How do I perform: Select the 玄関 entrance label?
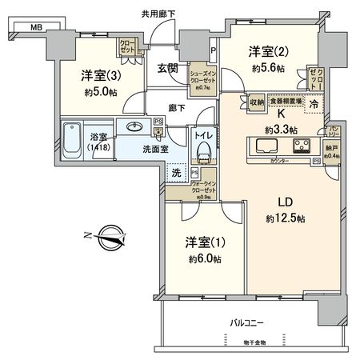[x=167, y=70]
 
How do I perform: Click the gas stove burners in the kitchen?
[x=302, y=146]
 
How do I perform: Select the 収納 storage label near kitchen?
[x=256, y=102]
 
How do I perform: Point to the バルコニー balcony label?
[x=247, y=322]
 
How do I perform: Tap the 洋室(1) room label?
[x=203, y=243]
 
